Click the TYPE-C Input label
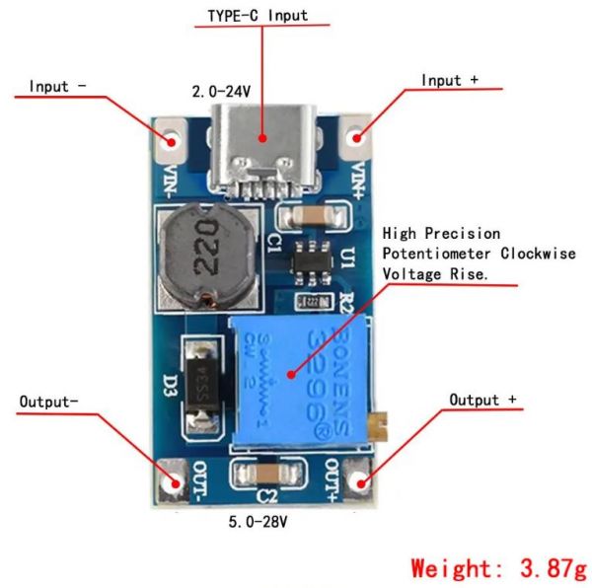click(x=257, y=16)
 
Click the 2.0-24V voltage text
click(x=221, y=92)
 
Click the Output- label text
click(x=49, y=403)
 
